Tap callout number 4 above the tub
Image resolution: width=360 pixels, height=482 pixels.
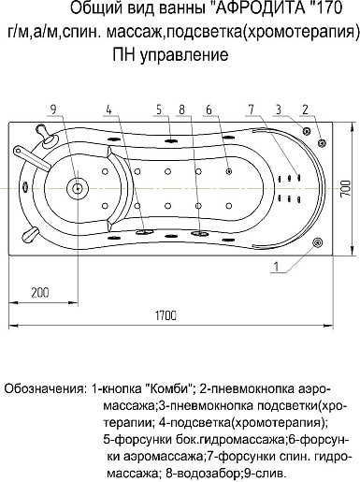pos(109,107)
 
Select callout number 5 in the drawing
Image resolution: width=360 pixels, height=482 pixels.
pos(161,107)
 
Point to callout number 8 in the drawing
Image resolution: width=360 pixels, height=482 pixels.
pos(181,107)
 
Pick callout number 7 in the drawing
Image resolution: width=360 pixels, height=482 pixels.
pos(252,107)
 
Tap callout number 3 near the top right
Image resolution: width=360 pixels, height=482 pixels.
pos(279,107)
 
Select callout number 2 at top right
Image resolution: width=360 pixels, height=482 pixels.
pos(305,107)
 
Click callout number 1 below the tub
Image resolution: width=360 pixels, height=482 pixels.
pos(277,268)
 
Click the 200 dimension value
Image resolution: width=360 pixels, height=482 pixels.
pos(38,292)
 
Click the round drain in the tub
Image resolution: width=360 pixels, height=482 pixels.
pos(80,187)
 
